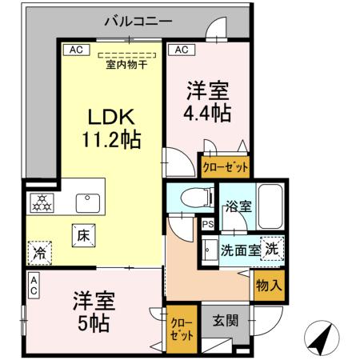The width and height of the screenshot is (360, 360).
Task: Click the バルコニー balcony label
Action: point(138,19)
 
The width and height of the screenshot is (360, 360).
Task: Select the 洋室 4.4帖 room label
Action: point(210,101)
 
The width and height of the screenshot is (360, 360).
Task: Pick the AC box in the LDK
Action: point(75,50)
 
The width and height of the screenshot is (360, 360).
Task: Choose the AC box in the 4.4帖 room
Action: point(182,50)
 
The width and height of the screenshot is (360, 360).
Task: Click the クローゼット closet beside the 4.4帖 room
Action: point(225,168)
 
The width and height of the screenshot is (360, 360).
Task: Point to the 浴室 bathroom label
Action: point(238,205)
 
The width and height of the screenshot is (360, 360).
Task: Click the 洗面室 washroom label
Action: point(240,249)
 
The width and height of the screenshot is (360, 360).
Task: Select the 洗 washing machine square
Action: point(272,249)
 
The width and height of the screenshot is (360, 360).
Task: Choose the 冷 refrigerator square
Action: point(39,254)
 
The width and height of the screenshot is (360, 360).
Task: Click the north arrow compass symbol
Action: point(321,339)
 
